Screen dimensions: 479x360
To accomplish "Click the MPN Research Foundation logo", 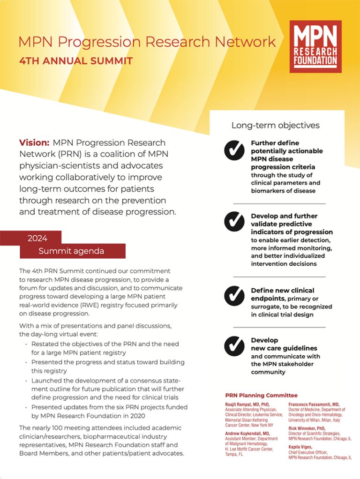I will coord(315,46).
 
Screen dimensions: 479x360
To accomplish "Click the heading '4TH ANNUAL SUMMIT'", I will coord(76,61).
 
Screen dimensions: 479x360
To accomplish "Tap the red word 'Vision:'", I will coord(34,142).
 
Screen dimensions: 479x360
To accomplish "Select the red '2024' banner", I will coord(37,238).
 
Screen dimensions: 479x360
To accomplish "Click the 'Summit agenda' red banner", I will coord(71,251).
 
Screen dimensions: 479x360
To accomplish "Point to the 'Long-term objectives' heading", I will coord(275,125).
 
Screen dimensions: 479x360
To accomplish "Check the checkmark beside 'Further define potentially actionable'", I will coord(234,150).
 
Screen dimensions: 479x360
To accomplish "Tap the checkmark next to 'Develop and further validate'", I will coord(234,222).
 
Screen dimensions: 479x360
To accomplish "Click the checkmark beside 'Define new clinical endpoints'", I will coord(234,295).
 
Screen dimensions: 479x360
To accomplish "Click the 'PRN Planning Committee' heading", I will coord(261,396).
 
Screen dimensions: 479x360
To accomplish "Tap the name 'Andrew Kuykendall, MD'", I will coord(247,434).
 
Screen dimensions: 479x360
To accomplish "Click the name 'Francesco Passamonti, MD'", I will coord(314,404).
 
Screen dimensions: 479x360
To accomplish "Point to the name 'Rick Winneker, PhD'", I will coord(307,428).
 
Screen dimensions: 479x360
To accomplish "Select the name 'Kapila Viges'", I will coord(300,447).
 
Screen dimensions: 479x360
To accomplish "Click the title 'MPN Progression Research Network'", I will coord(147,42).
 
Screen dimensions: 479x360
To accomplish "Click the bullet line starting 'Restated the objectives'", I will coord(105,344).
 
